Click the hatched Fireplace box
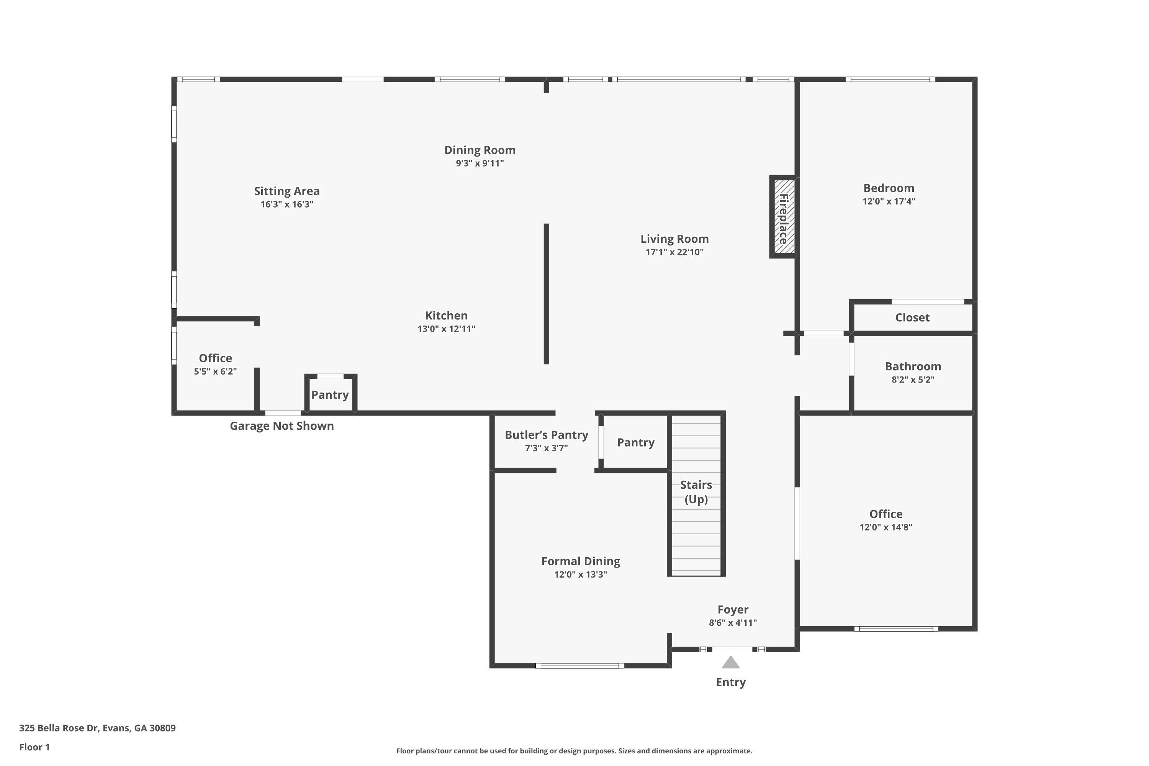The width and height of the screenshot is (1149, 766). [x=784, y=216]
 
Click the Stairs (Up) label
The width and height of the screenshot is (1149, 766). [x=696, y=492]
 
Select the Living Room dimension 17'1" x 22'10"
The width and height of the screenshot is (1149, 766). [x=674, y=252]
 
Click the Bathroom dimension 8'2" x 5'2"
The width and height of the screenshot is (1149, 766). [x=913, y=380]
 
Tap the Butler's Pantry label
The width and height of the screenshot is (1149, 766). [x=546, y=435]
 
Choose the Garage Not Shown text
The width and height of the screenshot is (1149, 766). [x=282, y=426]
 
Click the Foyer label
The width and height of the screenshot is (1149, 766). [x=733, y=610]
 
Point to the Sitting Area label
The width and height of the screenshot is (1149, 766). [x=287, y=191]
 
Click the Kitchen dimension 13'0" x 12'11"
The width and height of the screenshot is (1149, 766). [x=446, y=329]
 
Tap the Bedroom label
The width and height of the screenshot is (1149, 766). [x=889, y=188]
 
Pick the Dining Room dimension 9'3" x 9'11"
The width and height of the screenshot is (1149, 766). [x=480, y=163]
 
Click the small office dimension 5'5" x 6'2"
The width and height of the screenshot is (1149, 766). [x=215, y=371]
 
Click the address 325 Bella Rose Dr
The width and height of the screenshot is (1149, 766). [x=59, y=728]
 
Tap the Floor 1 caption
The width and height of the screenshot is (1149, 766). [x=34, y=747]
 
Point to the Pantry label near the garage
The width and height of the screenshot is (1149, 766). [x=330, y=395]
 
